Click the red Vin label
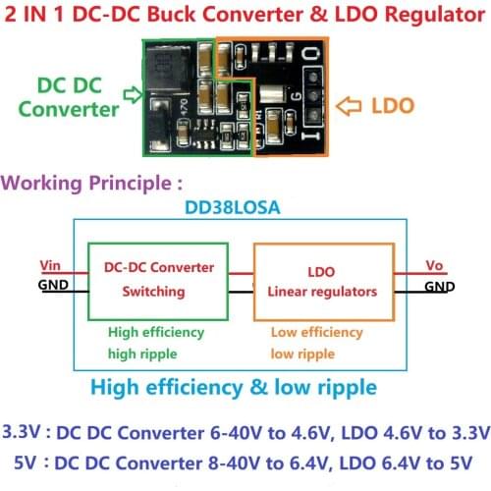(50, 265)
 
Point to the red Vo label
(436, 265)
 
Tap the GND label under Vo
(439, 287)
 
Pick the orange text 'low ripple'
(302, 354)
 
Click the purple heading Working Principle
(93, 183)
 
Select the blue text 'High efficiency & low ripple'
(233, 387)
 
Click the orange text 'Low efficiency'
(316, 333)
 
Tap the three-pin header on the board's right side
(312, 98)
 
